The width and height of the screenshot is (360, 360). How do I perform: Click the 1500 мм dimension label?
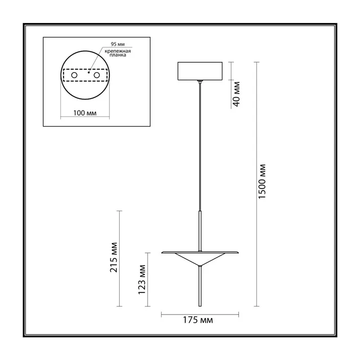[262, 182]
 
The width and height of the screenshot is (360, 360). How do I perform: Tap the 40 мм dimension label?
[236, 94]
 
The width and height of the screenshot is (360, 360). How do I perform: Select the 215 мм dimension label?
[113, 257]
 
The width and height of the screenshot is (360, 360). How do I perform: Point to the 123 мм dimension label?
[142, 279]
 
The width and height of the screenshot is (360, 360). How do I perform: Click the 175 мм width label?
[198, 320]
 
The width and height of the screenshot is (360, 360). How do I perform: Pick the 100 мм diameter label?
[85, 113]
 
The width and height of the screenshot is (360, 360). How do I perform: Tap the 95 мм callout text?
[118, 44]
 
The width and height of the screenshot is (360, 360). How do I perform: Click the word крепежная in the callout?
[118, 51]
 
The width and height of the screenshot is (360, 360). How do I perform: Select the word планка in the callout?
[118, 55]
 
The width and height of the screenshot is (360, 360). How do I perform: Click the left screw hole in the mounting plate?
[74, 75]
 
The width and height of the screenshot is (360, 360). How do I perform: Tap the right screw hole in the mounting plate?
[97, 75]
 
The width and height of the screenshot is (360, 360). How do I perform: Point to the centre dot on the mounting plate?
[89, 72]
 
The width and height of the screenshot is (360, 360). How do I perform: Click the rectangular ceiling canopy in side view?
[200, 71]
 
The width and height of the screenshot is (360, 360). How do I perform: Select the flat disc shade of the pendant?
[200, 252]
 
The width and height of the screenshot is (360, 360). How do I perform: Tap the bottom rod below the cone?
[200, 286]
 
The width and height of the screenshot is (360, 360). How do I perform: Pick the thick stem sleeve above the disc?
[200, 231]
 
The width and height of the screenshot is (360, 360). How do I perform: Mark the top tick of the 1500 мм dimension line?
[256, 62]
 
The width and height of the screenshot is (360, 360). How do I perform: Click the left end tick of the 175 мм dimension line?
[162, 314]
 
